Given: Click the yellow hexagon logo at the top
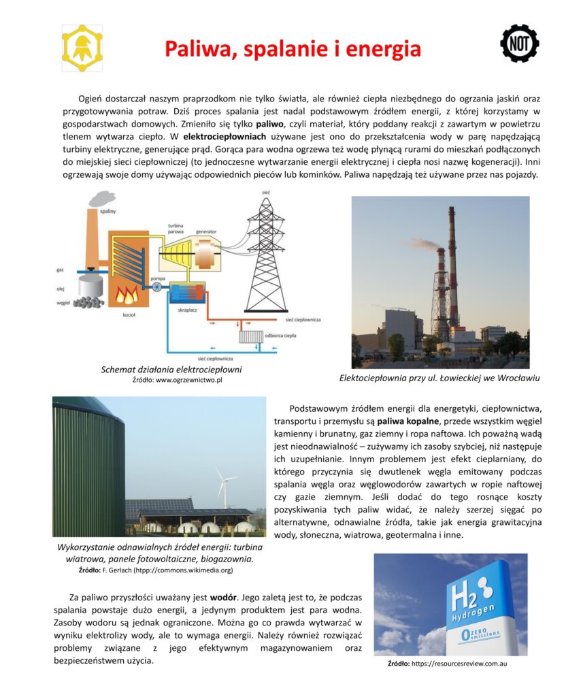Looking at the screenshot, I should point(82,48).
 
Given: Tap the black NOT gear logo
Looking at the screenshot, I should point(519,44).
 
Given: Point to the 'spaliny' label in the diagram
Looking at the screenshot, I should point(107,212).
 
